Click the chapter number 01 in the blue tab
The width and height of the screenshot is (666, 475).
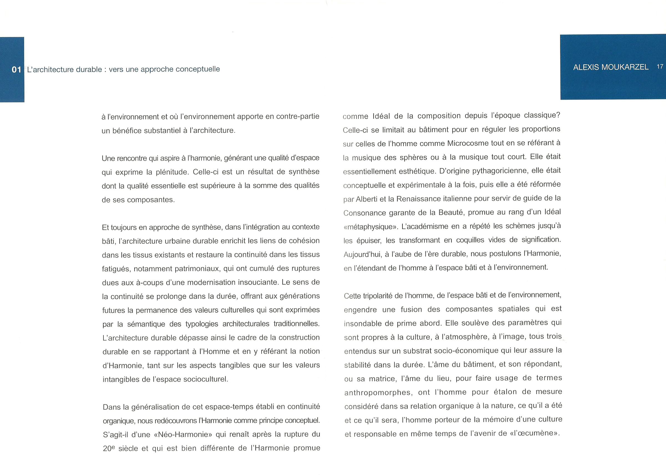16,70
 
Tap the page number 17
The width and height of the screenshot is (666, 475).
660,67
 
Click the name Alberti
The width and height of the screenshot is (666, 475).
367,199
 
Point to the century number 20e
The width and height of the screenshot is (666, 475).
108,448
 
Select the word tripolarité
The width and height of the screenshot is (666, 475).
377,296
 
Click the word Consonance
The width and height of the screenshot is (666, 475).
364,213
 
